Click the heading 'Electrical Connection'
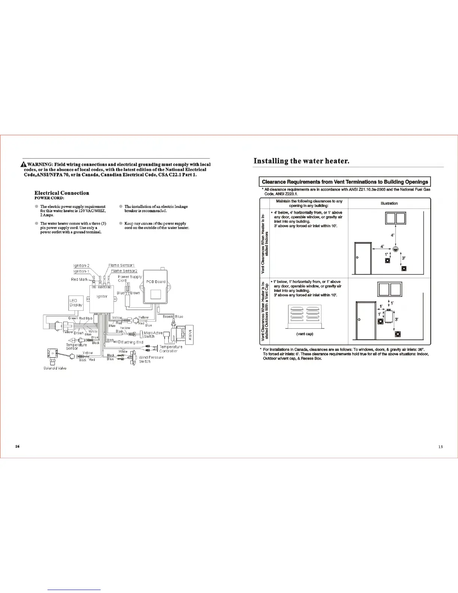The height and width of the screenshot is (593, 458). (x=62, y=193)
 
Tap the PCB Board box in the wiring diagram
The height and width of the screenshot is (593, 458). (x=156, y=288)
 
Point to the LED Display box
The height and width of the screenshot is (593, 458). (x=76, y=303)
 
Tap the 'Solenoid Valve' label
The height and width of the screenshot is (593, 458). (x=55, y=368)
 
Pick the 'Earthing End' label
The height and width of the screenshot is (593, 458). (x=132, y=342)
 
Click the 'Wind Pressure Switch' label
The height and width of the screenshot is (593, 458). (x=151, y=359)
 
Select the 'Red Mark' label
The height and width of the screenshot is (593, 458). (x=79, y=279)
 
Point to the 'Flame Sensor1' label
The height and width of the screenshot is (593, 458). (x=121, y=265)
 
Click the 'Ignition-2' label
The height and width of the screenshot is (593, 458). (x=81, y=265)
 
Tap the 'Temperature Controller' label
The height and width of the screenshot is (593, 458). (x=171, y=349)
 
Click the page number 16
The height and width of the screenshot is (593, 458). (x=17, y=446)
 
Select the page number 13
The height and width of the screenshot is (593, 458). (x=440, y=447)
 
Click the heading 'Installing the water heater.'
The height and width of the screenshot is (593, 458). (x=301, y=161)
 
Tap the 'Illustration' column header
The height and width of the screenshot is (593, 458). (x=389, y=203)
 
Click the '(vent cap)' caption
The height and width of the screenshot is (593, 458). (x=305, y=334)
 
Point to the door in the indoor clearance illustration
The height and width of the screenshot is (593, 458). (x=363, y=258)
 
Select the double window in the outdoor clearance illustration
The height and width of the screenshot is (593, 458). (x=390, y=289)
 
